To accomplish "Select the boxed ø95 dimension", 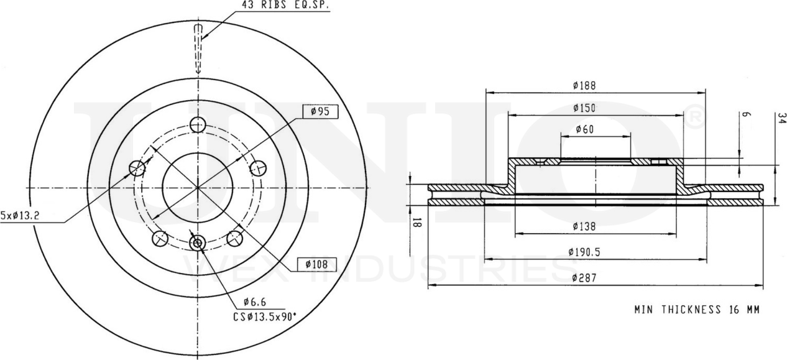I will [x=320, y=111].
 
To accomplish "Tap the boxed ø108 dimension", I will [x=316, y=264].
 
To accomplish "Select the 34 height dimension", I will [x=781, y=118].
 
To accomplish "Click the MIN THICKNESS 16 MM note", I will [x=696, y=309].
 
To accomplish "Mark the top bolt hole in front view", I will [x=198, y=124].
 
